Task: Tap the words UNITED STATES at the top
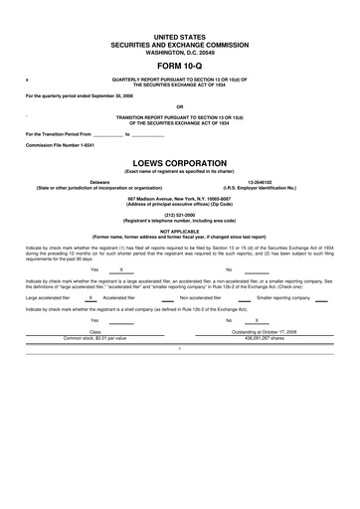[179, 35]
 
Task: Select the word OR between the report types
[179, 106]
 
